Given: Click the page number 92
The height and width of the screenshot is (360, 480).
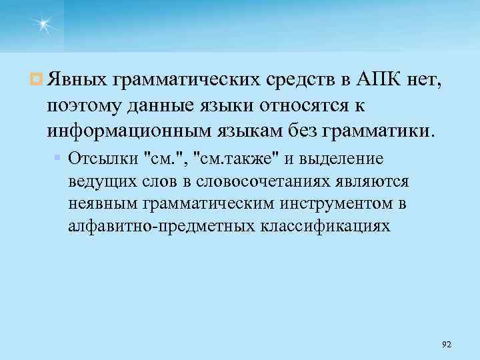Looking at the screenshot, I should coord(447,344).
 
